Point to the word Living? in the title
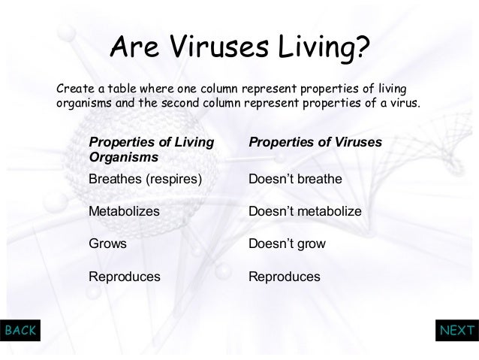(x=324, y=50)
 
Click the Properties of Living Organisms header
(x=150, y=150)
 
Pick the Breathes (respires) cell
(x=146, y=180)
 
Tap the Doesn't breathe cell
(x=295, y=180)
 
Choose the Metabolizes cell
(x=124, y=212)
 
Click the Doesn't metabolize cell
(x=305, y=212)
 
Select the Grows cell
(x=107, y=244)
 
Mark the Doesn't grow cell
(x=287, y=244)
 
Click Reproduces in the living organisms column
(x=125, y=277)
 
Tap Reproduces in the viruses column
(x=284, y=277)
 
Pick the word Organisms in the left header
(x=123, y=158)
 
